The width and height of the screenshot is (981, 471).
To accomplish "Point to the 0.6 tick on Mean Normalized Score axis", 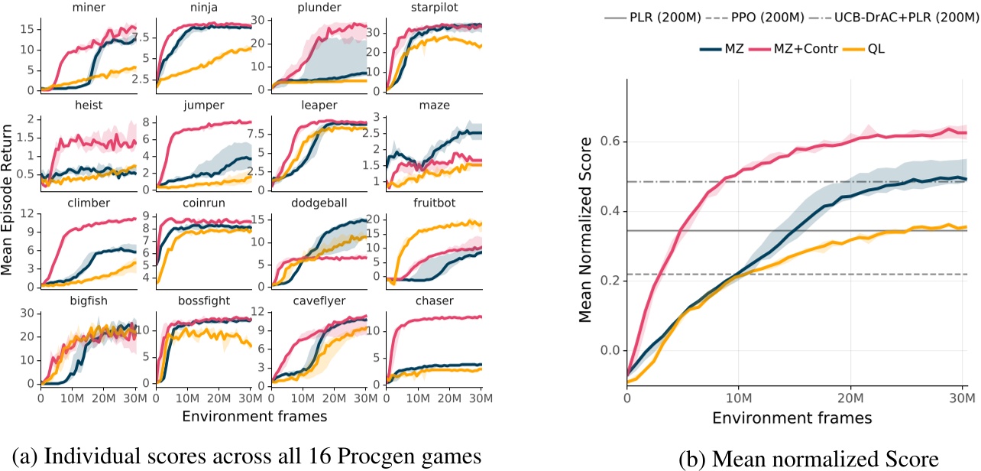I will pyautogui.click(x=607, y=141).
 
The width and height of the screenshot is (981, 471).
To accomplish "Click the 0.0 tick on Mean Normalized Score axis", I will pyautogui.click(x=607, y=351).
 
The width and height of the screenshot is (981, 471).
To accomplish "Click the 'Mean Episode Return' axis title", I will pyautogui.click(x=8, y=200).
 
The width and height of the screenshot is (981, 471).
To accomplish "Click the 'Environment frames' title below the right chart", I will pyautogui.click(x=793, y=419).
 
